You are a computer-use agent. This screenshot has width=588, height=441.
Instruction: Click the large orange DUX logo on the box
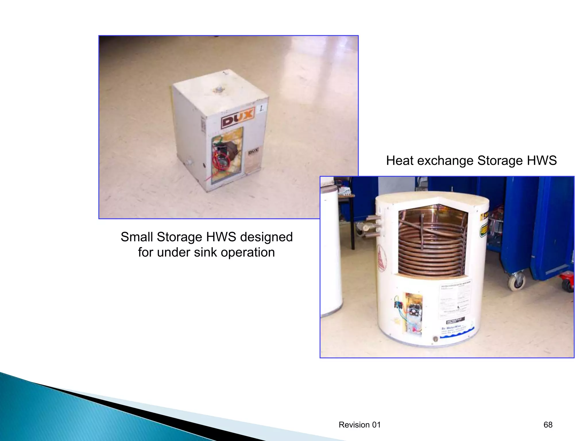tap(238, 118)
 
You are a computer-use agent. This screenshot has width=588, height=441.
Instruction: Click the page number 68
tap(548, 425)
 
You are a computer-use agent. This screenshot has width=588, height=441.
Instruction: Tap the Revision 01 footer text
tap(359, 425)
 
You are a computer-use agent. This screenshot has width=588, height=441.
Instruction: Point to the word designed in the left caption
tap(266, 237)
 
